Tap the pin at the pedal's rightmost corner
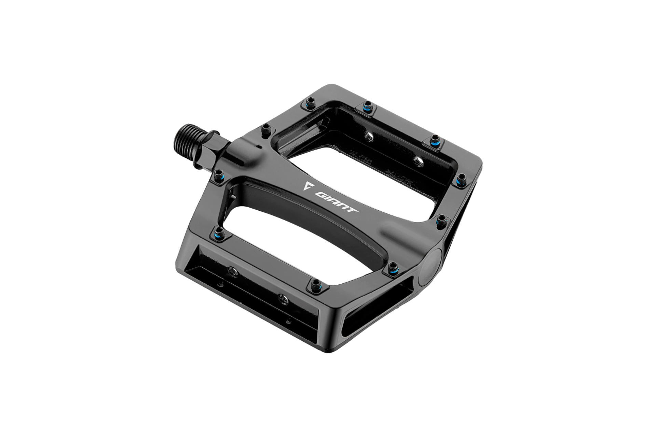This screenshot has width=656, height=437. tap(461, 178)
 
